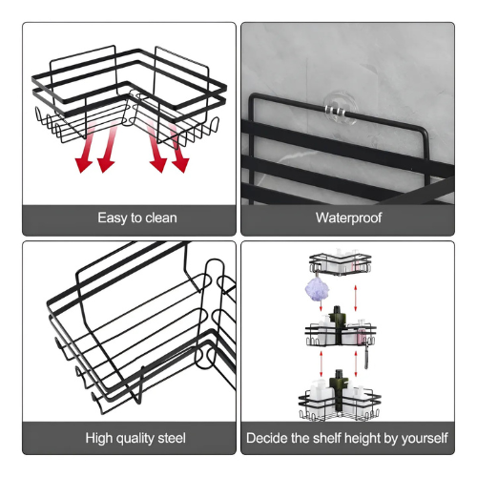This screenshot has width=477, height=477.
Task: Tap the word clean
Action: [x=161, y=218]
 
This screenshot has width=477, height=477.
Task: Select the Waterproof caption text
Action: [x=348, y=218]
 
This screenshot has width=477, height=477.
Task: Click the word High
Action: [x=99, y=438]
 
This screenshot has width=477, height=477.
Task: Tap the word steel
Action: [x=172, y=438]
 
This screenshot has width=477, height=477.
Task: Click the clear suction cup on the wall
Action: [x=340, y=109]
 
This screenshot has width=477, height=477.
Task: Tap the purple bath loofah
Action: [x=317, y=289]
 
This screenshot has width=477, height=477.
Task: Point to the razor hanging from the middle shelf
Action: [x=366, y=355]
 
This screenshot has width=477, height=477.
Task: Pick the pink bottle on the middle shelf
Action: [x=362, y=337]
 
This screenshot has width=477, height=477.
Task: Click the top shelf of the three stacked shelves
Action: [x=341, y=263]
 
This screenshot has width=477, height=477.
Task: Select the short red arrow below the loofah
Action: [x=321, y=306]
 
